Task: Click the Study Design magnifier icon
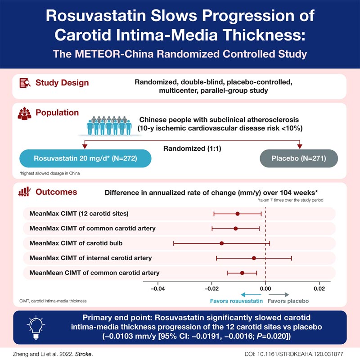[26, 83]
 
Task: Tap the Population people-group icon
[26, 113]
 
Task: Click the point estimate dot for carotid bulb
[221, 243]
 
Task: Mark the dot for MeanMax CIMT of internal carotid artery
[254, 258]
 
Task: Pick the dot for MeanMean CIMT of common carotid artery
[242, 273]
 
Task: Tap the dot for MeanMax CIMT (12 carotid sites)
[238, 214]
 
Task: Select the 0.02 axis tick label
[319, 288]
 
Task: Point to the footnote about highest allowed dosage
[47, 172]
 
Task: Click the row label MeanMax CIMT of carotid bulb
[76, 243]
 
